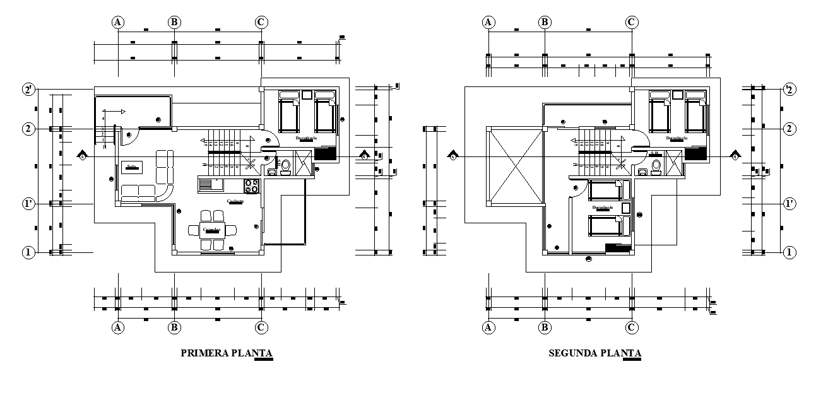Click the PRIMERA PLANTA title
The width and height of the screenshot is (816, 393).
(x=227, y=353)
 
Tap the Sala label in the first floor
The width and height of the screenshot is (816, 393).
(x=132, y=167)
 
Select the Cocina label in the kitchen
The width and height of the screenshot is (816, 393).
(x=236, y=201)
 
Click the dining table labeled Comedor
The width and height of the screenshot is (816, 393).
(x=211, y=230)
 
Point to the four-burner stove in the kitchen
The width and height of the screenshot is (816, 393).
(x=252, y=185)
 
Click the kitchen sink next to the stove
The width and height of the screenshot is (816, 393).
(x=207, y=185)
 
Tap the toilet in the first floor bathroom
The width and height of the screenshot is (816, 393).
(x=285, y=166)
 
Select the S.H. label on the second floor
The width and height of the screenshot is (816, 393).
(x=655, y=153)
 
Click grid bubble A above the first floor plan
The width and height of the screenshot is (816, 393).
(x=118, y=22)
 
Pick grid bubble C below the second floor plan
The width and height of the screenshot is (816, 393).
(x=630, y=327)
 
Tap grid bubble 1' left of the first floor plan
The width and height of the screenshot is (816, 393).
(x=28, y=204)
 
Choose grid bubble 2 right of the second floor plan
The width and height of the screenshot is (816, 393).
(x=789, y=129)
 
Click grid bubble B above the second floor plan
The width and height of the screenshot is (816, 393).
(x=545, y=22)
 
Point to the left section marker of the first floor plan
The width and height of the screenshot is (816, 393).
(x=82, y=156)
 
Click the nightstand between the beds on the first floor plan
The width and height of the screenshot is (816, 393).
(x=307, y=95)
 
